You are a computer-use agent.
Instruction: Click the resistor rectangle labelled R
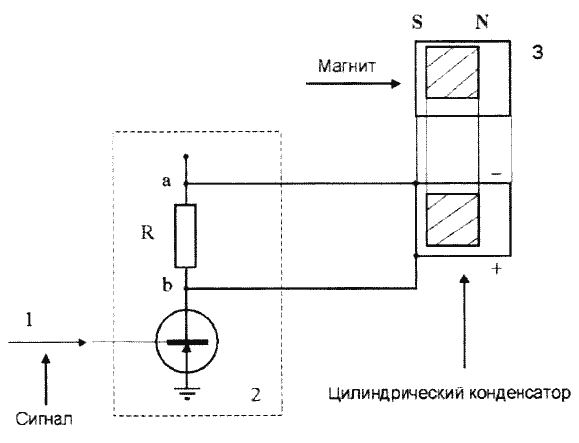pos(185,236)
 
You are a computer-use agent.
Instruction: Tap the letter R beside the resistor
pos(148,233)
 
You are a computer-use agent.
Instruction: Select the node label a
pos(167,181)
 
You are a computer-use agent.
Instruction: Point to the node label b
pos(167,285)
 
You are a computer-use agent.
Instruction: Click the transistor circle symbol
pos(186,342)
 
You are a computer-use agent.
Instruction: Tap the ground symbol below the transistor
pos(187,393)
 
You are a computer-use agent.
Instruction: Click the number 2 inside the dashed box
pos(256,395)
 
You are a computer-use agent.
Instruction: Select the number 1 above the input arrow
pos(29,320)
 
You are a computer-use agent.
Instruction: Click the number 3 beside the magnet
pos(537,53)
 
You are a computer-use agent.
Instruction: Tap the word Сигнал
pos(44,419)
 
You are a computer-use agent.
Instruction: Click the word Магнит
pos(347,66)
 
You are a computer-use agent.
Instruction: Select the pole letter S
pos(417,22)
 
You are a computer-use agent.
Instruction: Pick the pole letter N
pos(482,22)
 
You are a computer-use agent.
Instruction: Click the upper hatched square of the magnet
pos(453,72)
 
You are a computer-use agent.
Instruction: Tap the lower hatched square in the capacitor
pos(453,220)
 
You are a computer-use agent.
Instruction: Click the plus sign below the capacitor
pos(497,269)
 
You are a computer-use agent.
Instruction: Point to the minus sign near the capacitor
pos(496,173)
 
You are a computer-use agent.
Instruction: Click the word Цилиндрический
pos(397,393)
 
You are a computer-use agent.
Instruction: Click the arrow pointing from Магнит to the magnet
pos(353,84)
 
